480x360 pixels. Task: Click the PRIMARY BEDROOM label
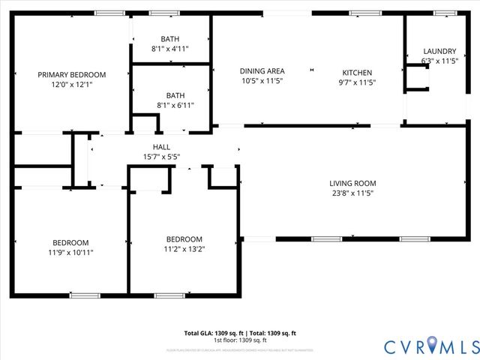point(72,74)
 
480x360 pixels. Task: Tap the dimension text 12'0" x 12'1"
point(72,85)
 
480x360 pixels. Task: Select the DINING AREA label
point(261,71)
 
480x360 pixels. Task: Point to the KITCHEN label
point(355,73)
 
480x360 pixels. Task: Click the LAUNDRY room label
point(439,51)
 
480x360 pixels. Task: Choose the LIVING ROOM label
point(352,183)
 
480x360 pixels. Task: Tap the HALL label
point(161,147)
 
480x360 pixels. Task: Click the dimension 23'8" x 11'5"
point(352,193)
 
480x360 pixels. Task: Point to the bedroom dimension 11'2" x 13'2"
point(184,249)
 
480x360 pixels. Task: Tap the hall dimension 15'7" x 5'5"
point(161,157)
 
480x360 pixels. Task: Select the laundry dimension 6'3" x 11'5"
point(439,61)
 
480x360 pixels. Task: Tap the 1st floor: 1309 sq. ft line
point(240,340)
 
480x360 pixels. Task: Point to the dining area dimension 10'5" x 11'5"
point(261,81)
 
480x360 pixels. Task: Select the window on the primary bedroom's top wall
point(109,13)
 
